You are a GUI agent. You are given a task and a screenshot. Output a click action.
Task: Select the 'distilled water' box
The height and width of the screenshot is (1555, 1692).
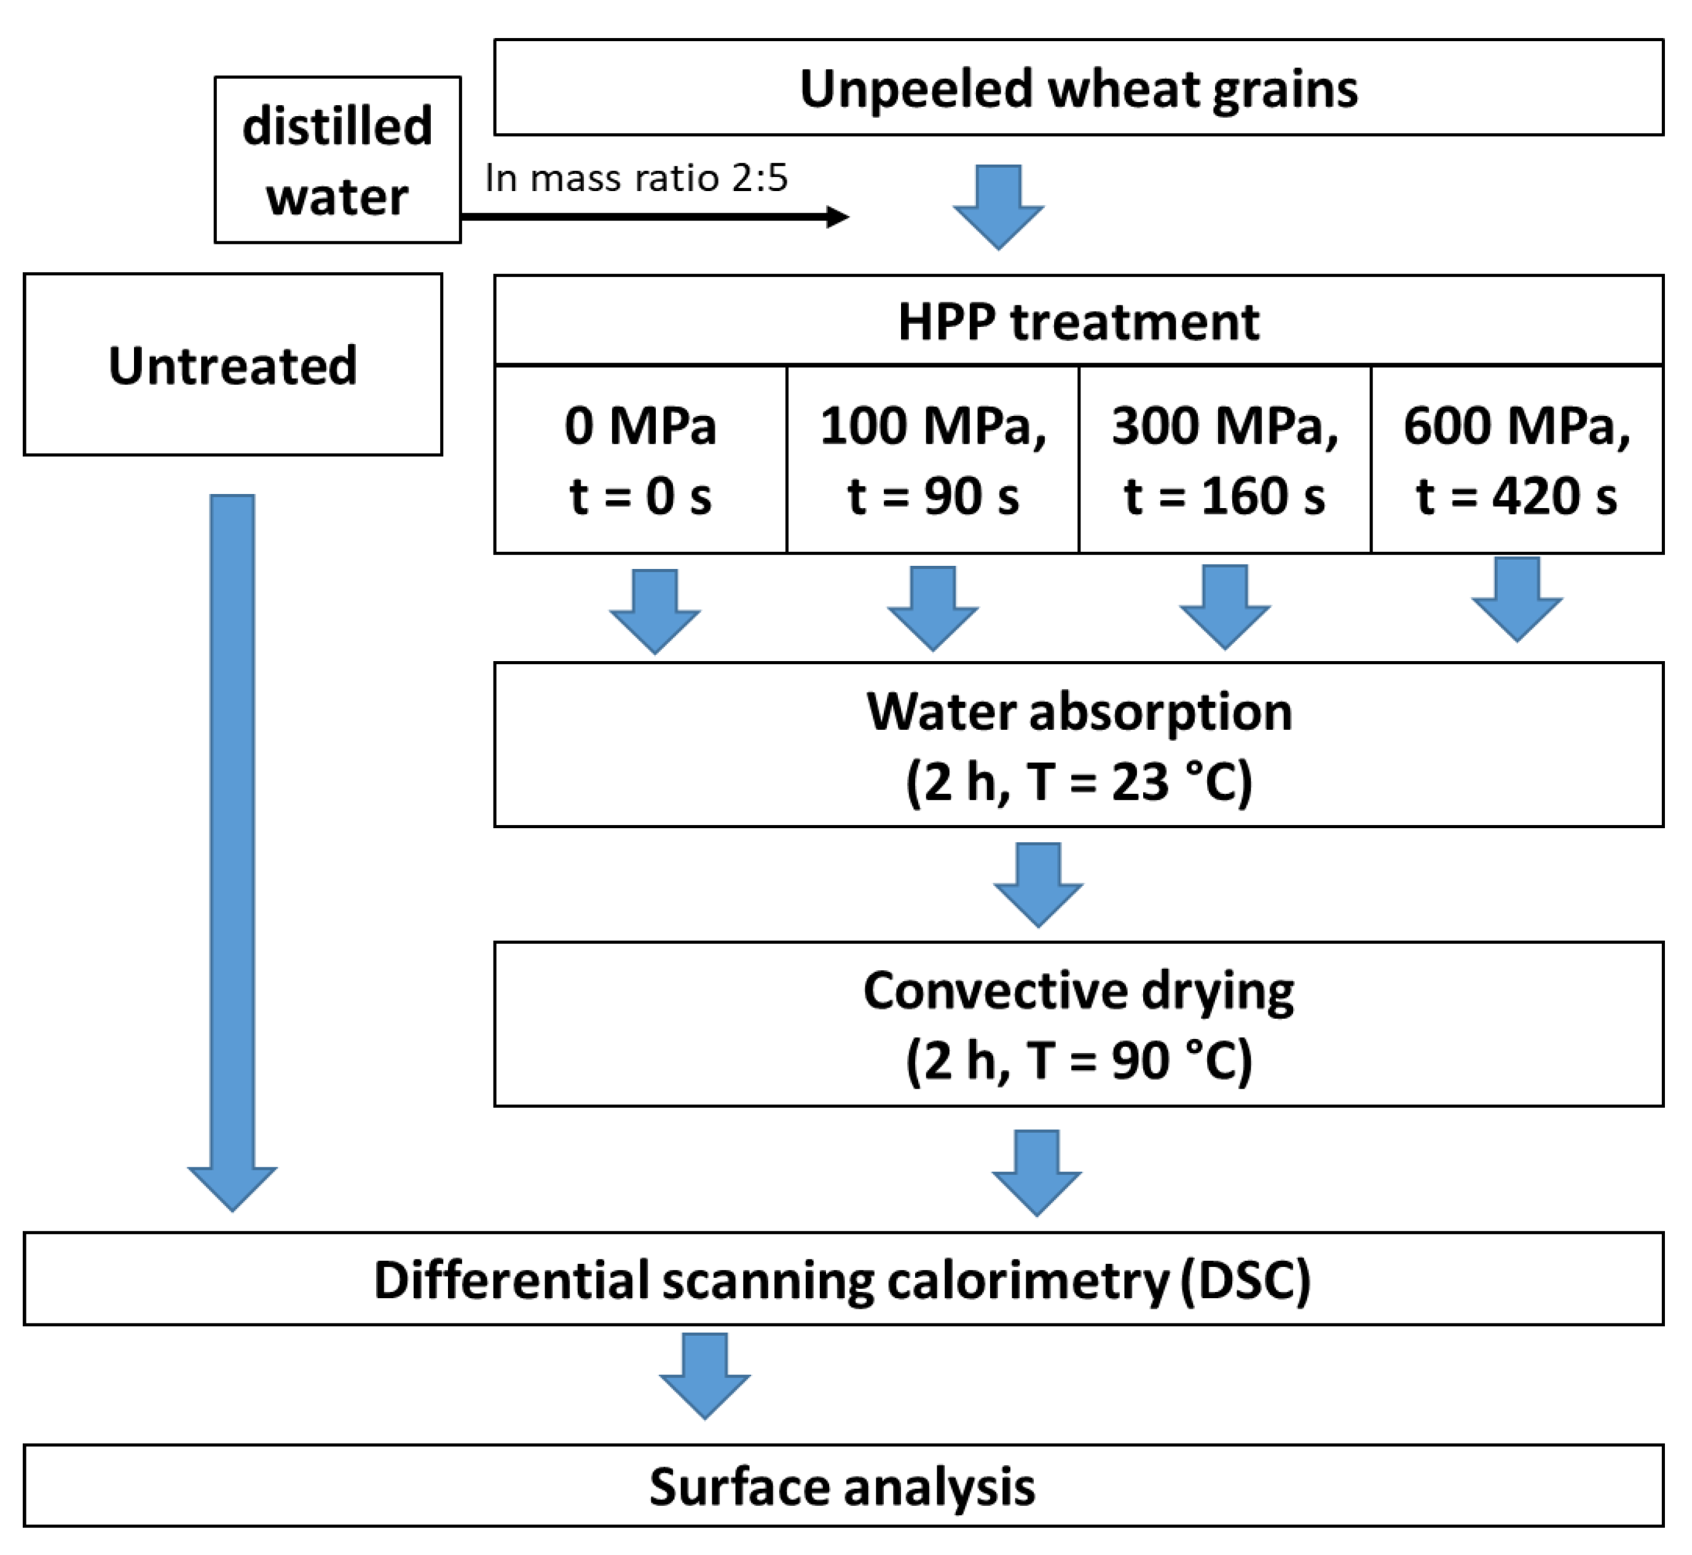(337, 160)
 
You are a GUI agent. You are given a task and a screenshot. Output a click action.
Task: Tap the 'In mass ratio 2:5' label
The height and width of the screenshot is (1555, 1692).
(635, 178)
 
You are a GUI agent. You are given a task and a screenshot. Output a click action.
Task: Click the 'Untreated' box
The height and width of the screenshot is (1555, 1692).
(232, 364)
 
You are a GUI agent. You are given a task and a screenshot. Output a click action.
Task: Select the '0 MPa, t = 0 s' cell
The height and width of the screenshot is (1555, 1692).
(640, 460)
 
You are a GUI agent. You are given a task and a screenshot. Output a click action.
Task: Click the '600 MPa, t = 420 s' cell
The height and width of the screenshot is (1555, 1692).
(1516, 460)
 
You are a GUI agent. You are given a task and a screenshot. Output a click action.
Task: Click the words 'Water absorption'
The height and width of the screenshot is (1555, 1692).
(1079, 712)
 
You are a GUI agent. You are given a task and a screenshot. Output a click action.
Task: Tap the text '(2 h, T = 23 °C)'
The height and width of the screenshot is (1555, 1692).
(1079, 781)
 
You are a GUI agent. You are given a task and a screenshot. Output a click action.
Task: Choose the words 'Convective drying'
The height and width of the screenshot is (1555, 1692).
(1079, 990)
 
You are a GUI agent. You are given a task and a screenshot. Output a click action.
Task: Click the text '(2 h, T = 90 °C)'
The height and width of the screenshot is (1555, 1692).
(1079, 1060)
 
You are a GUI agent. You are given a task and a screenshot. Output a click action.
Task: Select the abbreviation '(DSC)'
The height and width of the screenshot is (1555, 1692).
(1245, 1281)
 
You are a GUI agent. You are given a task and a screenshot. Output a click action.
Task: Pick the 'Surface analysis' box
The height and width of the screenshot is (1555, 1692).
(842, 1487)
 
